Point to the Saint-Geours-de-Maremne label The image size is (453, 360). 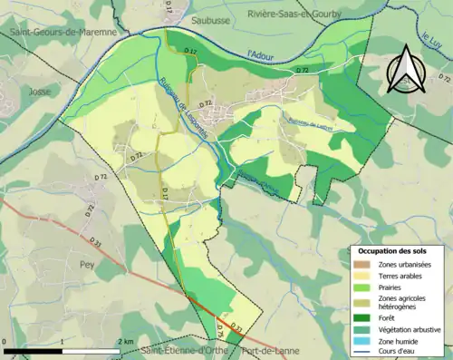tap(63, 33)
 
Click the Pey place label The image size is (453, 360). tap(88, 266)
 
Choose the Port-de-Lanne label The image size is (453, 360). tap(265, 351)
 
